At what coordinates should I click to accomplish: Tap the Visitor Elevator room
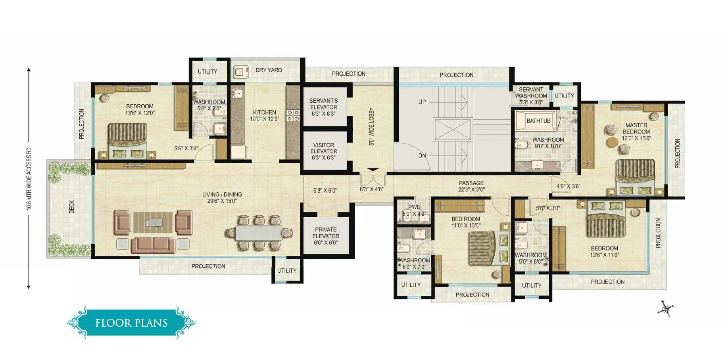pos(324,151)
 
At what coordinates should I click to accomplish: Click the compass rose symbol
pos(665,308)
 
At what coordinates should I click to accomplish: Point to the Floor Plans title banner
pos(131,322)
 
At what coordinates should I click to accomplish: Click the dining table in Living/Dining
pos(259,233)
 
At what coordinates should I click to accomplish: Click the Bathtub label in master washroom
pos(538,121)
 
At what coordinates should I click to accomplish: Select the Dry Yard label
pos(269,70)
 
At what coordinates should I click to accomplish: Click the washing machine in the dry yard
pos(239,72)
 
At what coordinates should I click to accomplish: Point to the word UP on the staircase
pos(422,102)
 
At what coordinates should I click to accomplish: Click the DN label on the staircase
pos(422,155)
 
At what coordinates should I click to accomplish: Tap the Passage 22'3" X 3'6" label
pos(471,186)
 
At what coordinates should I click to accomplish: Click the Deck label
pos(72,207)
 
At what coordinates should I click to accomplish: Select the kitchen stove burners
pos(293,115)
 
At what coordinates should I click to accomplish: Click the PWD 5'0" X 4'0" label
pos(414,210)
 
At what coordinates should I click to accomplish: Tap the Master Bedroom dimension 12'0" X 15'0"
pos(636,138)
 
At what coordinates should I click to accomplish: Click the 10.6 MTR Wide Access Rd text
pos(29,178)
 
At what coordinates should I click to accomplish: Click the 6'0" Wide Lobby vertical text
pos(372,126)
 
